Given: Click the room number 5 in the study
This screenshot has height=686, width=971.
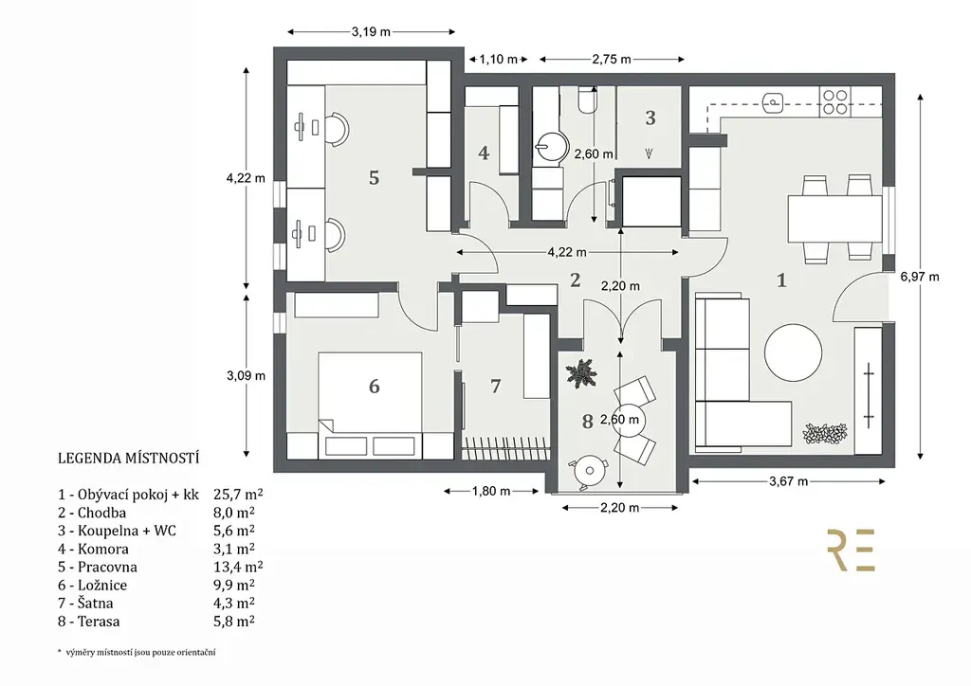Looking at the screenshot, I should (x=374, y=177).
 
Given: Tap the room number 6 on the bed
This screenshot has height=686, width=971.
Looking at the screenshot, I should (x=374, y=386).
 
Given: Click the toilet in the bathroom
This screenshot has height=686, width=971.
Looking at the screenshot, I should (x=585, y=101).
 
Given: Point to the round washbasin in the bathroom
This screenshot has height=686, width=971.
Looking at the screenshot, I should (x=549, y=145).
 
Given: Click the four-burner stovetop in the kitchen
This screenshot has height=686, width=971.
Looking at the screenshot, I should (x=834, y=101).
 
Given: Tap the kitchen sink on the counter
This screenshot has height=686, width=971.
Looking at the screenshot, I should (x=775, y=99).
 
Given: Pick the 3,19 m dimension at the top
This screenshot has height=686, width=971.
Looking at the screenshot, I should (x=371, y=31).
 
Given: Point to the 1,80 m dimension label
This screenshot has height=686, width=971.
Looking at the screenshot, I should (x=491, y=491).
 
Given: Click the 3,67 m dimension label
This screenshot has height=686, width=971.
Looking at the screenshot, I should (x=789, y=481).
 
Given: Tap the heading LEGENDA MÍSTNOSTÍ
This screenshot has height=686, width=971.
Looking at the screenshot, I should (x=128, y=460).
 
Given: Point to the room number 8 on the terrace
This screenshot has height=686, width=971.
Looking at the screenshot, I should (x=588, y=422).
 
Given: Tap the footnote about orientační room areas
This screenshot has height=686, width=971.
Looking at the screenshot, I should (x=137, y=653).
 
